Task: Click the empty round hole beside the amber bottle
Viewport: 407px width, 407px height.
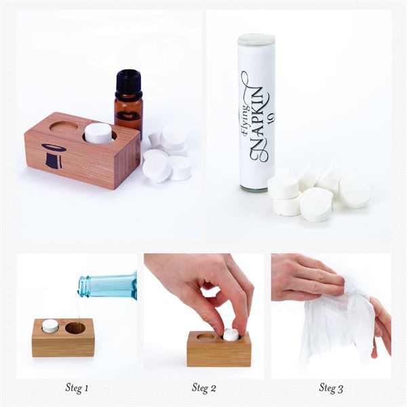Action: pos(64,126)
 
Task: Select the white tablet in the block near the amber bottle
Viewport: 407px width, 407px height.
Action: pos(98,133)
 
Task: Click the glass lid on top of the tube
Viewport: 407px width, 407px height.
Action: pos(256,39)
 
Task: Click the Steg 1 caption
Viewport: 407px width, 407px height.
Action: pos(77,388)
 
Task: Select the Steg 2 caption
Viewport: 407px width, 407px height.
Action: pos(203,388)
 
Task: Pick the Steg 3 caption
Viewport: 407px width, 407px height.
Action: pos(331,388)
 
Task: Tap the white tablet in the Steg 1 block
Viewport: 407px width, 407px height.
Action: pos(51,326)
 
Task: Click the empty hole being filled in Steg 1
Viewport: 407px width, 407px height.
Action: pos(75,328)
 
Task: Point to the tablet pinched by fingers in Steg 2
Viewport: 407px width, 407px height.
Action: pos(231,335)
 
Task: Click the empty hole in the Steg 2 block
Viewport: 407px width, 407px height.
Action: pos(206,337)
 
